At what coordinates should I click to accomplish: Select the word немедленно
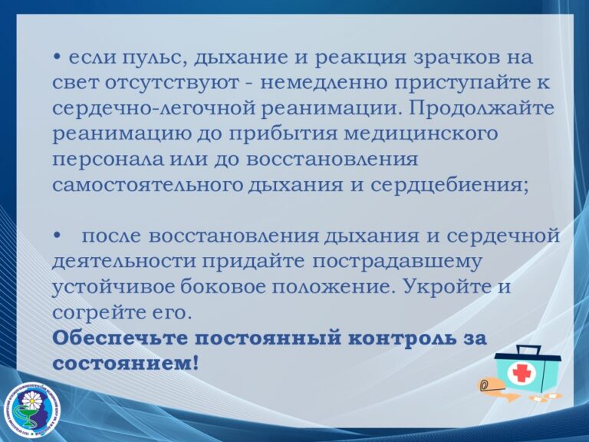(324, 83)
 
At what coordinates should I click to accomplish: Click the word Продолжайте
(482, 109)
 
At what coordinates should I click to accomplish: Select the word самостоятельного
(147, 185)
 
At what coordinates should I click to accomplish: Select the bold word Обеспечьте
(120, 338)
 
